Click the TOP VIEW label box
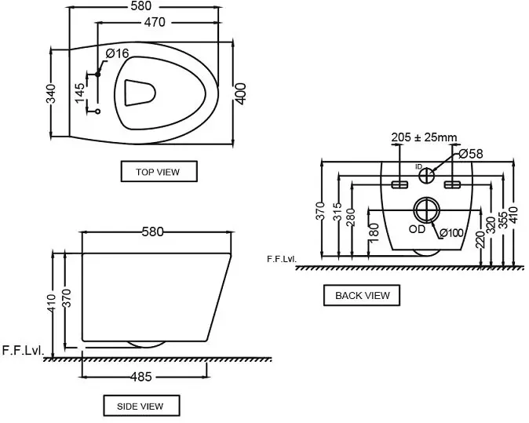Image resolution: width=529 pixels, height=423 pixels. tap(159, 171)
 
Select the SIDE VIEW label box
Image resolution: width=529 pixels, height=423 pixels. tap(141, 406)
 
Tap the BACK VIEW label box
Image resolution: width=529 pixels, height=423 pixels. tap(362, 296)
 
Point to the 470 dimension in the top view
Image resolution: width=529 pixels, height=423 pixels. tap(155, 22)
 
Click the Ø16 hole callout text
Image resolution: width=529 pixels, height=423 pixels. tap(117, 53)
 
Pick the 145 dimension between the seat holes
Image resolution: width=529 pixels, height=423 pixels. tap(79, 93)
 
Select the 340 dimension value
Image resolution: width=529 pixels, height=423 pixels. tap(50, 93)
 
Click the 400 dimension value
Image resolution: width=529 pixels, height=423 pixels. tap(240, 93)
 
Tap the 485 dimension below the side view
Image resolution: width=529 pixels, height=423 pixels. tap(140, 377)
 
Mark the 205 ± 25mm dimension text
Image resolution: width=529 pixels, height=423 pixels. tap(424, 137)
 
